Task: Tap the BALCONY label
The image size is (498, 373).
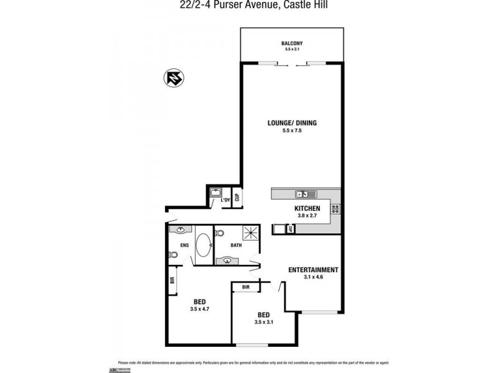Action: tap(291, 43)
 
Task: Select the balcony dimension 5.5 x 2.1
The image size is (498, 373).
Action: tap(291, 49)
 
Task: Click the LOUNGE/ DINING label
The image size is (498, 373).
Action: tap(292, 123)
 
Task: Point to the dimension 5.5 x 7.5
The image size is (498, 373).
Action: tap(292, 131)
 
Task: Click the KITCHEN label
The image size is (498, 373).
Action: tap(307, 208)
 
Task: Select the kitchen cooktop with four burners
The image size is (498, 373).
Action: tap(336, 209)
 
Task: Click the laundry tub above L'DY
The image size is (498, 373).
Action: tap(217, 193)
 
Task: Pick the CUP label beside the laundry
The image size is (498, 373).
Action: tap(237, 198)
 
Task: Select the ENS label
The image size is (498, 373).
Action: tap(184, 245)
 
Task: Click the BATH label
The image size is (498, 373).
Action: tap(236, 245)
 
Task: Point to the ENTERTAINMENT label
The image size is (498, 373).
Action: tap(312, 270)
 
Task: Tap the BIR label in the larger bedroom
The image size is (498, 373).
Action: tap(172, 280)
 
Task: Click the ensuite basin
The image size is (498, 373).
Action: tap(181, 230)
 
